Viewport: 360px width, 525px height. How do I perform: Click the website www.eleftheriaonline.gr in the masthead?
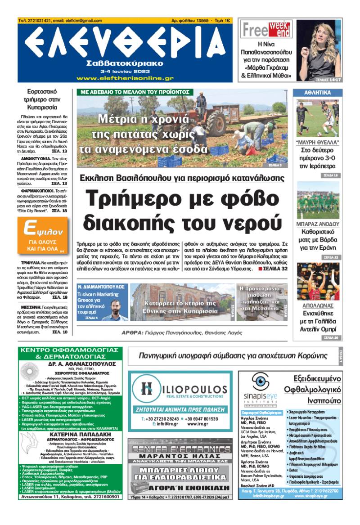(125, 78)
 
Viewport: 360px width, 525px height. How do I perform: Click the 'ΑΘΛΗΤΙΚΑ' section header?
(318, 93)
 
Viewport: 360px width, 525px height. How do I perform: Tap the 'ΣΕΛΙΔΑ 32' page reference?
(273, 269)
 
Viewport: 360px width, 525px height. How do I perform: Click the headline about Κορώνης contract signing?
(233, 355)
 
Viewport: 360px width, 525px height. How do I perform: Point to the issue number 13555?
(200, 21)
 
